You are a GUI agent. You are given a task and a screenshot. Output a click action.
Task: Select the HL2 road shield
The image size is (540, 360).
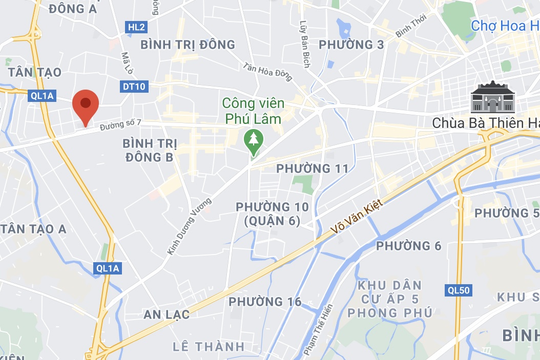click(136, 27)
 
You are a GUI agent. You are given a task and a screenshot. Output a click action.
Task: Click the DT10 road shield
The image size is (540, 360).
click(135, 87)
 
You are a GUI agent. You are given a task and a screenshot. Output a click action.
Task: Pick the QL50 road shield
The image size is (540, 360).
click(458, 290)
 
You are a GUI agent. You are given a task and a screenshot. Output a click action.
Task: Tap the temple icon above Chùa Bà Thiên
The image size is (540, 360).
click(492, 97)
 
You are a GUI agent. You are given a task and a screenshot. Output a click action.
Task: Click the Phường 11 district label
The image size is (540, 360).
click(312, 168)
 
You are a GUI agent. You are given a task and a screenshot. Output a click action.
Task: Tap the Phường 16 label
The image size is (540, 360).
click(265, 302)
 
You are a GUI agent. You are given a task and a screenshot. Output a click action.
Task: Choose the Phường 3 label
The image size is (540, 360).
click(351, 45)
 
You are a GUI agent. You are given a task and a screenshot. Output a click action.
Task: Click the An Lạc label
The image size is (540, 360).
click(167, 314)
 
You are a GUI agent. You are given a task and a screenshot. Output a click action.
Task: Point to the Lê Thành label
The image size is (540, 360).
click(209, 347)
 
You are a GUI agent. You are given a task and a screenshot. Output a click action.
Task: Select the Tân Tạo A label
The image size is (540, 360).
click(34, 229)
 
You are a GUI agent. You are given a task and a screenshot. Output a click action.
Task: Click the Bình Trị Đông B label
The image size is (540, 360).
click(148, 150)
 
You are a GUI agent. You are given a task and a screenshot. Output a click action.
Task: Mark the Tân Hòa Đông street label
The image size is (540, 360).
click(268, 72)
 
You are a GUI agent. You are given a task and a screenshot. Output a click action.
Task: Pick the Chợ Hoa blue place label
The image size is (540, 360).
click(505, 25)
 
